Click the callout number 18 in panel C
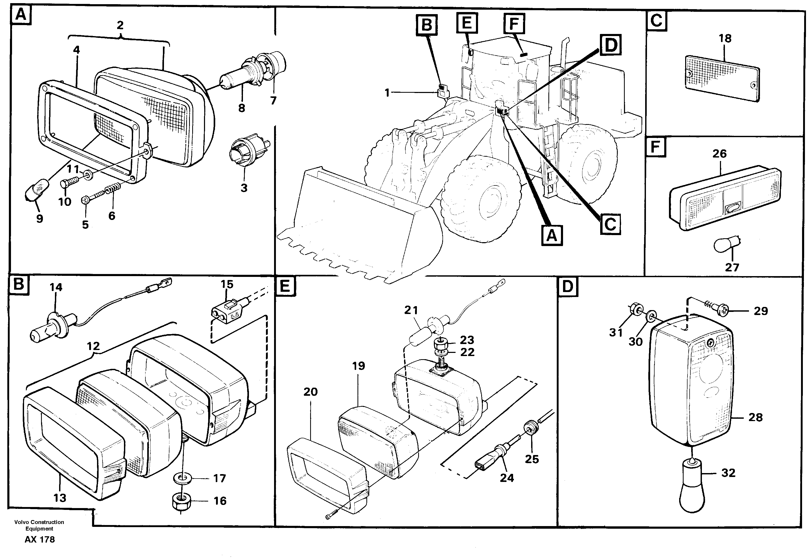(725, 38)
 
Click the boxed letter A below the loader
(552, 235)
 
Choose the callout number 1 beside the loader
(387, 93)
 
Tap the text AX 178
(39, 539)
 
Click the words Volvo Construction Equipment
(39, 525)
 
